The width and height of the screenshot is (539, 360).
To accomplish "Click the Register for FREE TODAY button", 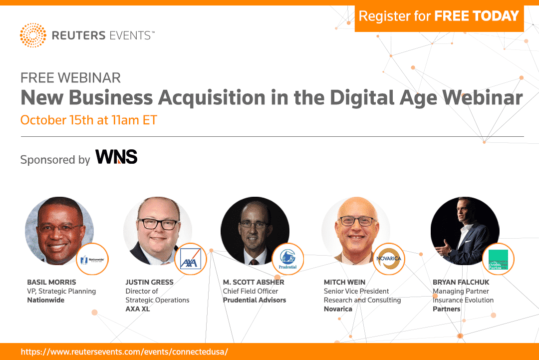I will (x=439, y=16).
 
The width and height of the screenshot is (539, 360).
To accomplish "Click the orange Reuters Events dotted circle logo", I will (x=33, y=35).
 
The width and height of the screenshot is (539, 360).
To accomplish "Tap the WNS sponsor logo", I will (x=116, y=157).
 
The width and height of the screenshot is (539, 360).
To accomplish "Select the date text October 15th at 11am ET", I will (x=89, y=120).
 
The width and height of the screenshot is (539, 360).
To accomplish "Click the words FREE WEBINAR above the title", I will (x=70, y=78).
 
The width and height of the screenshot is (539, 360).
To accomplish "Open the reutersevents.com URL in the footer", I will (x=124, y=352).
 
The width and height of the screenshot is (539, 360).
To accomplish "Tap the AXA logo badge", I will (x=190, y=259).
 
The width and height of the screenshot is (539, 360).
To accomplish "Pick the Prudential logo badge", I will (x=287, y=259).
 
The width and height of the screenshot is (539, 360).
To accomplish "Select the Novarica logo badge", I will (x=389, y=259).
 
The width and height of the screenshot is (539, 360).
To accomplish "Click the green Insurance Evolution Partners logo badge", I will (x=498, y=260).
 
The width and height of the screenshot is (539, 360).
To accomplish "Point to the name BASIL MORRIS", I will (x=51, y=283).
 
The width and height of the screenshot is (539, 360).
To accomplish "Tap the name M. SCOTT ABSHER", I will (x=254, y=283).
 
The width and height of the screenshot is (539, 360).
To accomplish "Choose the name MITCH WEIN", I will (x=345, y=283).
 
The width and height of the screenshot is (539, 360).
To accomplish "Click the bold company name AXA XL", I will (x=138, y=309).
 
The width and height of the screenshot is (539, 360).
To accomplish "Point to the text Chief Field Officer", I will (x=258, y=291).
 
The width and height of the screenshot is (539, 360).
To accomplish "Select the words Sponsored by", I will (x=55, y=160).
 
